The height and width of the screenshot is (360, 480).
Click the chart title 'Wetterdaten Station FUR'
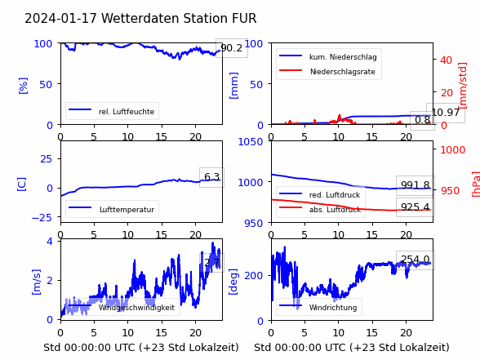(179, 18)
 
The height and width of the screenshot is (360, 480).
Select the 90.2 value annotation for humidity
(232, 47)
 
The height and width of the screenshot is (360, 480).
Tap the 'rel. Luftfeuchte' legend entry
(126, 111)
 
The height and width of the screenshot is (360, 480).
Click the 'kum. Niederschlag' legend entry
(343, 57)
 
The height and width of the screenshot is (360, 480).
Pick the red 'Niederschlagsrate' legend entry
(343, 72)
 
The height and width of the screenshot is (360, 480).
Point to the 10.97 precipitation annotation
(446, 113)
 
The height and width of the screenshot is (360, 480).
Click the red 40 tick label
(446, 60)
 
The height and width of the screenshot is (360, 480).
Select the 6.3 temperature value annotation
(212, 177)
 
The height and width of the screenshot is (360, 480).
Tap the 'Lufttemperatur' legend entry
(127, 210)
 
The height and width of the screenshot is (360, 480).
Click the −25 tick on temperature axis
(42, 218)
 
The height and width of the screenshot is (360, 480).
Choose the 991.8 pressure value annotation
(416, 185)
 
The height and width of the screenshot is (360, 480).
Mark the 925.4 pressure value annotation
(416, 207)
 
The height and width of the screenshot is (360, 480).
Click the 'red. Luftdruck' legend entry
(335, 195)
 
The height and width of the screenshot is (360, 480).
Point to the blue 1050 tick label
(251, 142)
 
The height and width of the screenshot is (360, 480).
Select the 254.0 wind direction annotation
(416, 260)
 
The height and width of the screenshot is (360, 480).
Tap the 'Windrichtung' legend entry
(333, 307)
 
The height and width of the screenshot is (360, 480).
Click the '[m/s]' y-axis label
(36, 282)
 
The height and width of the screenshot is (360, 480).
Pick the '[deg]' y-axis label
(233, 282)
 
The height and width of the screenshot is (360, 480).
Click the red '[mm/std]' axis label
(463, 86)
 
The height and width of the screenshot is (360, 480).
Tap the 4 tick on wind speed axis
(50, 242)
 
